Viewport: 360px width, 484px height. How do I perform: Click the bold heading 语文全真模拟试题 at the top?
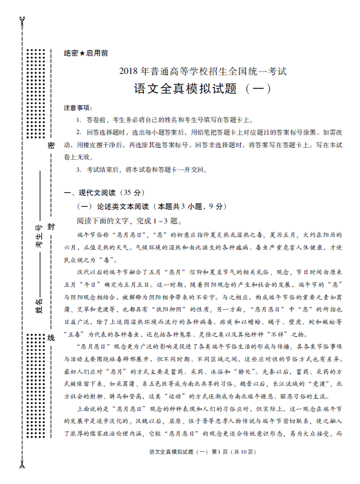[x=185, y=89]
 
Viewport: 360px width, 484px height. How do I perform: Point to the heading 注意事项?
[x=77, y=108]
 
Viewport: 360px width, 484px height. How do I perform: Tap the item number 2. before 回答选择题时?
[x=79, y=132]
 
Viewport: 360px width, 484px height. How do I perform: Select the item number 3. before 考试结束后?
[x=79, y=170]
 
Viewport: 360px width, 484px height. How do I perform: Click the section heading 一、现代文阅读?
[x=91, y=192]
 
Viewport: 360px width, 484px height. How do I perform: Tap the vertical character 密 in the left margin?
[x=50, y=147]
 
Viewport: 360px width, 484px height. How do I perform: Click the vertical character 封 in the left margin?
[x=50, y=227]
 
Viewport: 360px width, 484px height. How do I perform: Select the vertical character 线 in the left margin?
[x=50, y=338]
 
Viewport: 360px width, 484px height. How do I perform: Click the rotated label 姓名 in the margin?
[x=40, y=302]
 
